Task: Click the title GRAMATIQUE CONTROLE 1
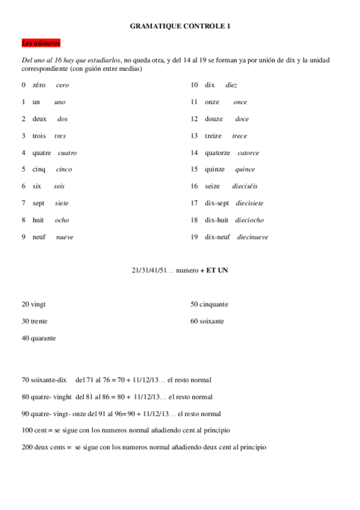pyautogui.click(x=180, y=26)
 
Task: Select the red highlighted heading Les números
pyautogui.click(x=41, y=43)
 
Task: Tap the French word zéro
pyautogui.click(x=39, y=85)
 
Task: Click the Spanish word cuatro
pyautogui.click(x=67, y=153)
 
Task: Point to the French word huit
pyautogui.click(x=39, y=220)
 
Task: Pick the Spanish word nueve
pyautogui.click(x=65, y=237)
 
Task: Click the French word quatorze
pyautogui.click(x=217, y=153)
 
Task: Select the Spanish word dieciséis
pyautogui.click(x=245, y=186)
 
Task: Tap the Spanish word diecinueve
pyautogui.click(x=252, y=237)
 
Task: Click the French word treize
pyautogui.click(x=213, y=136)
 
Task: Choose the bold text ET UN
pyautogui.click(x=217, y=271)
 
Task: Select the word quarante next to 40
pyautogui.click(x=43, y=338)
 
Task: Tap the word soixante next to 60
pyautogui.click(x=212, y=321)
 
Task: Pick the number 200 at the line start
pyautogui.click(x=26, y=447)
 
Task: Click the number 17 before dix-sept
pyautogui.click(x=194, y=203)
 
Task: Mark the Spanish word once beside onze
pyautogui.click(x=240, y=102)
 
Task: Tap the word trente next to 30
pyautogui.click(x=38, y=321)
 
